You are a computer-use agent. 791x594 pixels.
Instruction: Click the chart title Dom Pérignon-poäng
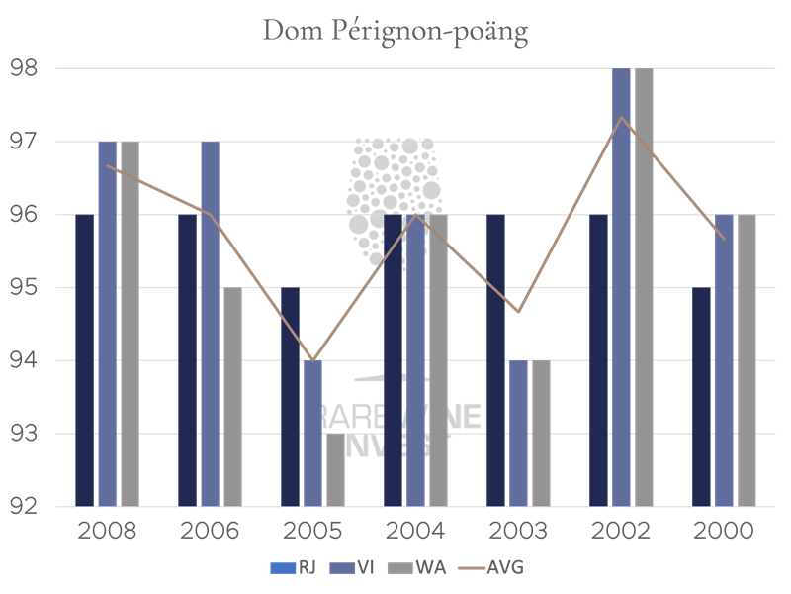point(395,31)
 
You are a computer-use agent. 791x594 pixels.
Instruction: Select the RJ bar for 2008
point(85,360)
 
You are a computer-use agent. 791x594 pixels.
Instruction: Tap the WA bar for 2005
point(336,469)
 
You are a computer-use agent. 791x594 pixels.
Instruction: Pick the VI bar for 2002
point(621,287)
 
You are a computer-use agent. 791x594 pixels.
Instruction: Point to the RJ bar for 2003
point(496,360)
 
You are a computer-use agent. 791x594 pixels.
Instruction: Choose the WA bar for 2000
point(747,360)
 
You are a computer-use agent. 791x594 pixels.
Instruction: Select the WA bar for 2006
point(232,396)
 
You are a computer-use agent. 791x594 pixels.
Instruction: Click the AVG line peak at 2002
point(620,117)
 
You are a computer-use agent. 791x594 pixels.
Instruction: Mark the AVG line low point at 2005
point(312,360)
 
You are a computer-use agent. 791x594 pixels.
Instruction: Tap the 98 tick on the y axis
point(24,68)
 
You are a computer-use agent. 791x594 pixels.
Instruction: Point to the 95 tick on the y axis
point(24,288)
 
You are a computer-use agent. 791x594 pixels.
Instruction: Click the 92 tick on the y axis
point(24,507)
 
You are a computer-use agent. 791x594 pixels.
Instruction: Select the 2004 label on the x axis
point(415,531)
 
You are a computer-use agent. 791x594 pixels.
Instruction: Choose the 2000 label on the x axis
point(724,531)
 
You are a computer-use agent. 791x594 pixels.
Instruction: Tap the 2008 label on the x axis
point(107,531)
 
